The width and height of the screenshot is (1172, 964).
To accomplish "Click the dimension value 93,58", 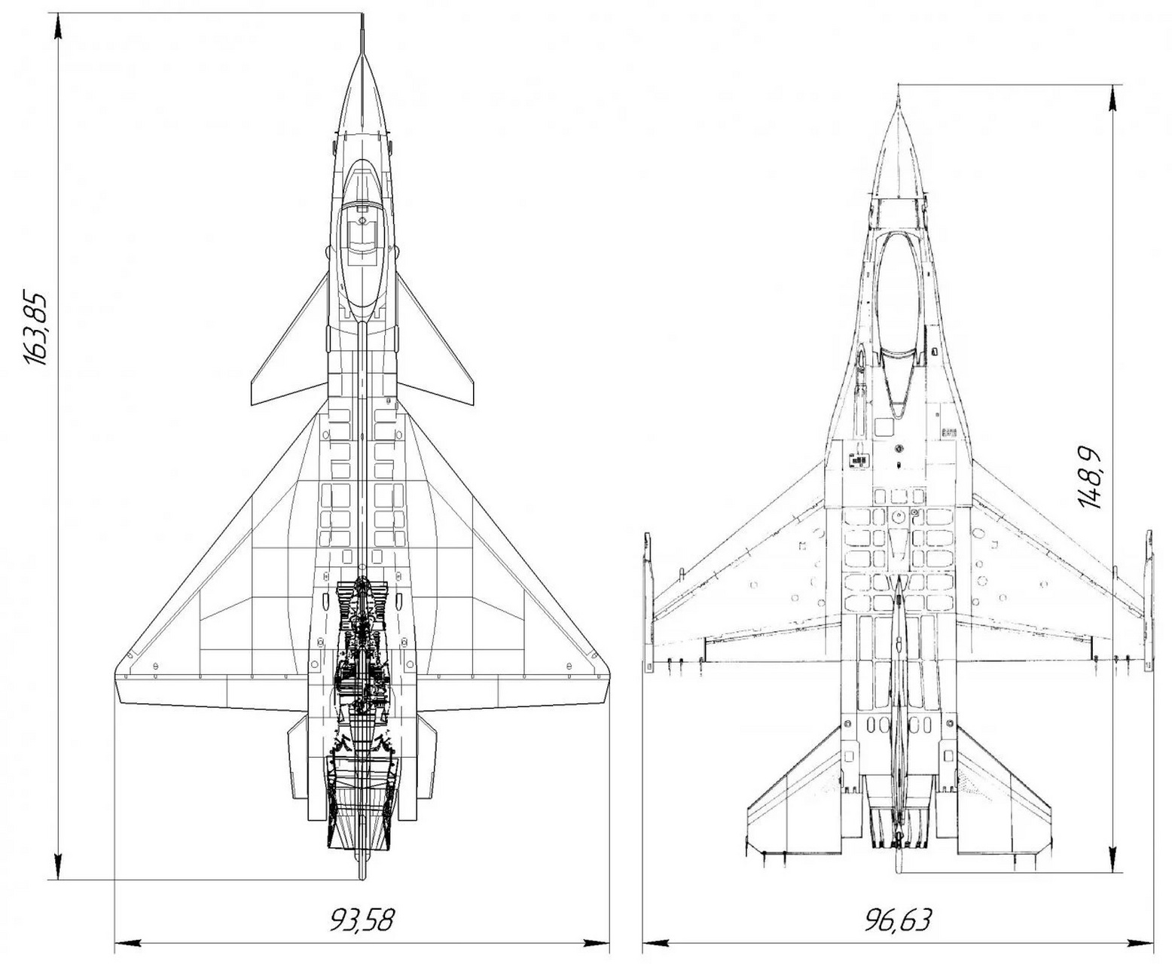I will coord(362,920).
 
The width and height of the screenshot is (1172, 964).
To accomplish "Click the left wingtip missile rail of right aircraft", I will coord(646,602).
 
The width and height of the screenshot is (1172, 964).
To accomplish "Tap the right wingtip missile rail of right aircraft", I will coord(1148,602).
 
